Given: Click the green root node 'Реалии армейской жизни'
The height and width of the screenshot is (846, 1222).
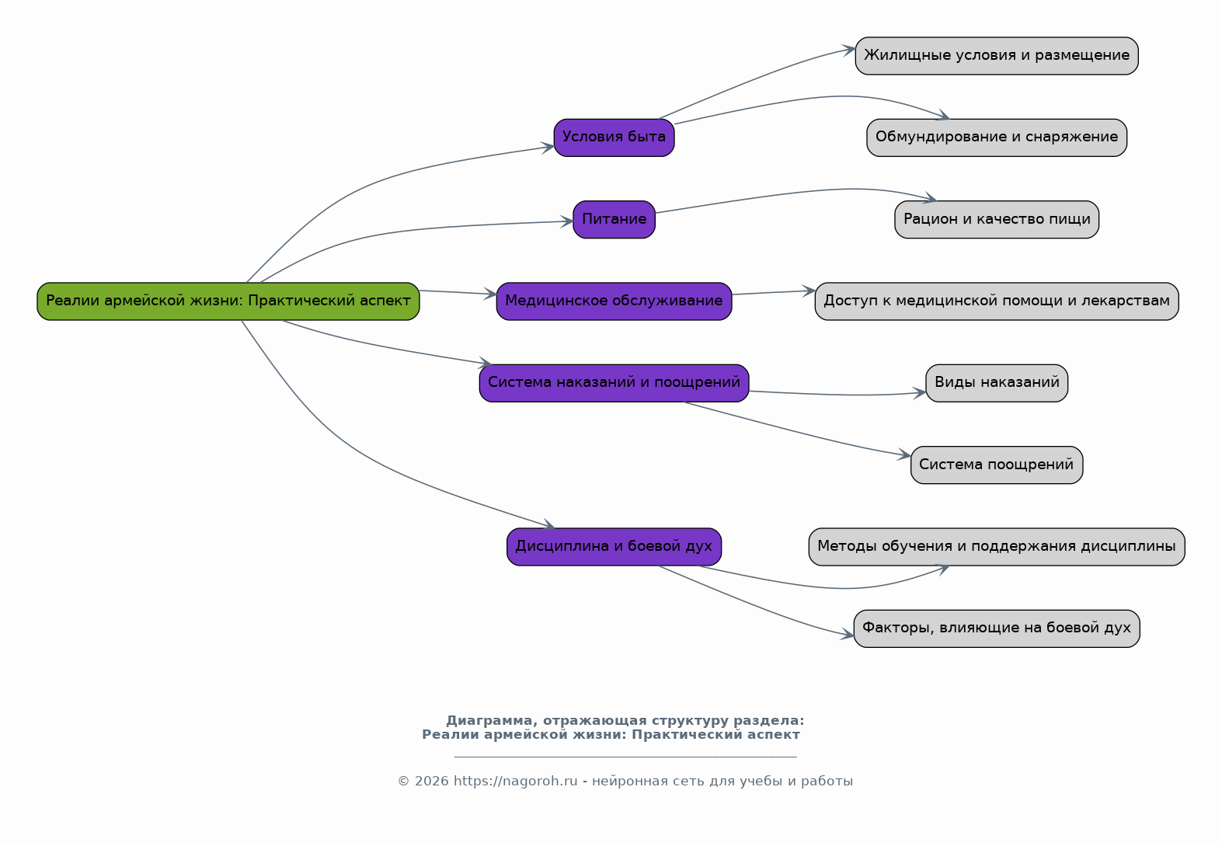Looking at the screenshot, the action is point(228,301).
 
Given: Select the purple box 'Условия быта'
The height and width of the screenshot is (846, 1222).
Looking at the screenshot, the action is point(614,138).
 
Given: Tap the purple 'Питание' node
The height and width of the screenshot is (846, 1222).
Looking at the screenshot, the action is point(614,219).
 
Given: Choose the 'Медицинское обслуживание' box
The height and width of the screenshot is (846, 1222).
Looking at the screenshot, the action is point(614,301).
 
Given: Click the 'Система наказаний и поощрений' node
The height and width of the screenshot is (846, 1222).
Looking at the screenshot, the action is point(614,383).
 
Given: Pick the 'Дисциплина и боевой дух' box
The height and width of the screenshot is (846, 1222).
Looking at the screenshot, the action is point(614,547).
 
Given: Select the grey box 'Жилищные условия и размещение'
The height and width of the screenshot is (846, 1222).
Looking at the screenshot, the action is point(996,56).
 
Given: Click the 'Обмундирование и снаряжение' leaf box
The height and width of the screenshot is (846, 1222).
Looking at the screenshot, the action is point(996,138).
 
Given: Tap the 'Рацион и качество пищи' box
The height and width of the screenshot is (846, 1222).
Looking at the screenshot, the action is point(996,219).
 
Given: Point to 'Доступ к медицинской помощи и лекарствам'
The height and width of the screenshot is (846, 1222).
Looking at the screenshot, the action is point(996,301).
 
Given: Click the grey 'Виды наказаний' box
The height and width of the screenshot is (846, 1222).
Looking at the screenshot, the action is point(996,383).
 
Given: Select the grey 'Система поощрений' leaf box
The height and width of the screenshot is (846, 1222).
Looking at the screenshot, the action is point(996,465).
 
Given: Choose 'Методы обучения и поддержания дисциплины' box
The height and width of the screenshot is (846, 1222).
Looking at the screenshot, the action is point(996,547).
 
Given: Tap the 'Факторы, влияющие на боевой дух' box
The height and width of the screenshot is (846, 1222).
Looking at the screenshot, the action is point(996,628).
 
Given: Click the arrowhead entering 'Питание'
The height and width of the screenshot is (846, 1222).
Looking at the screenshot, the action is point(567,221).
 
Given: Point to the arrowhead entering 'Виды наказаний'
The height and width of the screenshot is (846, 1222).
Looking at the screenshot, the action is point(921,393).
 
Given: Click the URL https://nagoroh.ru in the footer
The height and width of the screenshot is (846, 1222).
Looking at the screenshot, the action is point(515,781).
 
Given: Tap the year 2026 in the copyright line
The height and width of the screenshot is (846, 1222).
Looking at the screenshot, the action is point(431,781).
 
